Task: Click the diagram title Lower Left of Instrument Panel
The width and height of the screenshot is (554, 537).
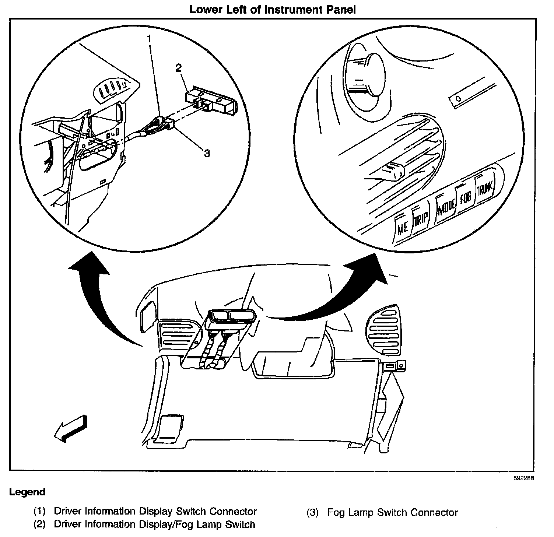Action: (272, 10)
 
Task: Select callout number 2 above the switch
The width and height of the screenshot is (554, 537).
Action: (179, 68)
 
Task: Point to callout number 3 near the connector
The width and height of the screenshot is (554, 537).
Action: (207, 153)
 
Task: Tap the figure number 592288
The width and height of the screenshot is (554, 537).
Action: (523, 478)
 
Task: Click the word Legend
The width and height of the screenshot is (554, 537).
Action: (27, 492)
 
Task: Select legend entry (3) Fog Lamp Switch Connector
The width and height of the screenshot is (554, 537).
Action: (382, 513)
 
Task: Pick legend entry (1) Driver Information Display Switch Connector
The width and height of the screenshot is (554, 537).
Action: (145, 512)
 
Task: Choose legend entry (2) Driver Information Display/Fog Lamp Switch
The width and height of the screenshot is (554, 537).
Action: (144, 524)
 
